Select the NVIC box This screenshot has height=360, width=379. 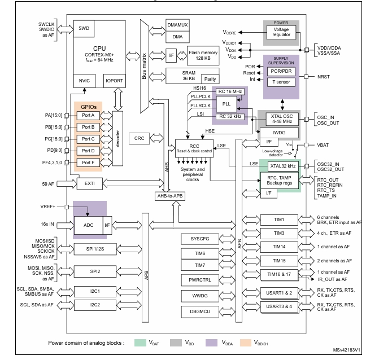click(84, 81)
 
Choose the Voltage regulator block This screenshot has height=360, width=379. click(285, 32)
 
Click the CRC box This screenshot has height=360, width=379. click(139, 138)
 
